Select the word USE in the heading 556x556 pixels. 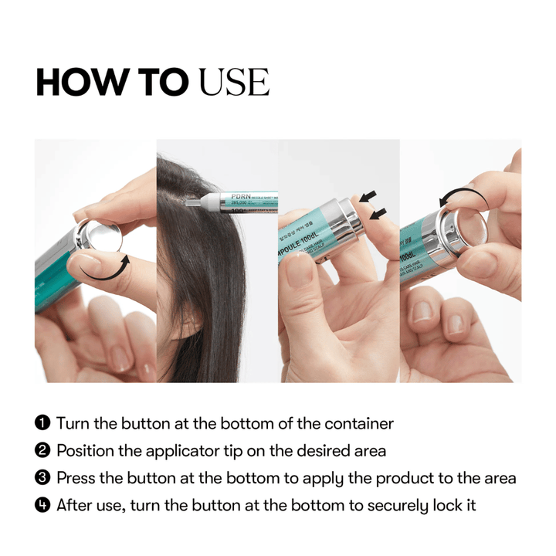pos(234,82)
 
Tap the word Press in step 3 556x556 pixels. pos(76,478)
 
